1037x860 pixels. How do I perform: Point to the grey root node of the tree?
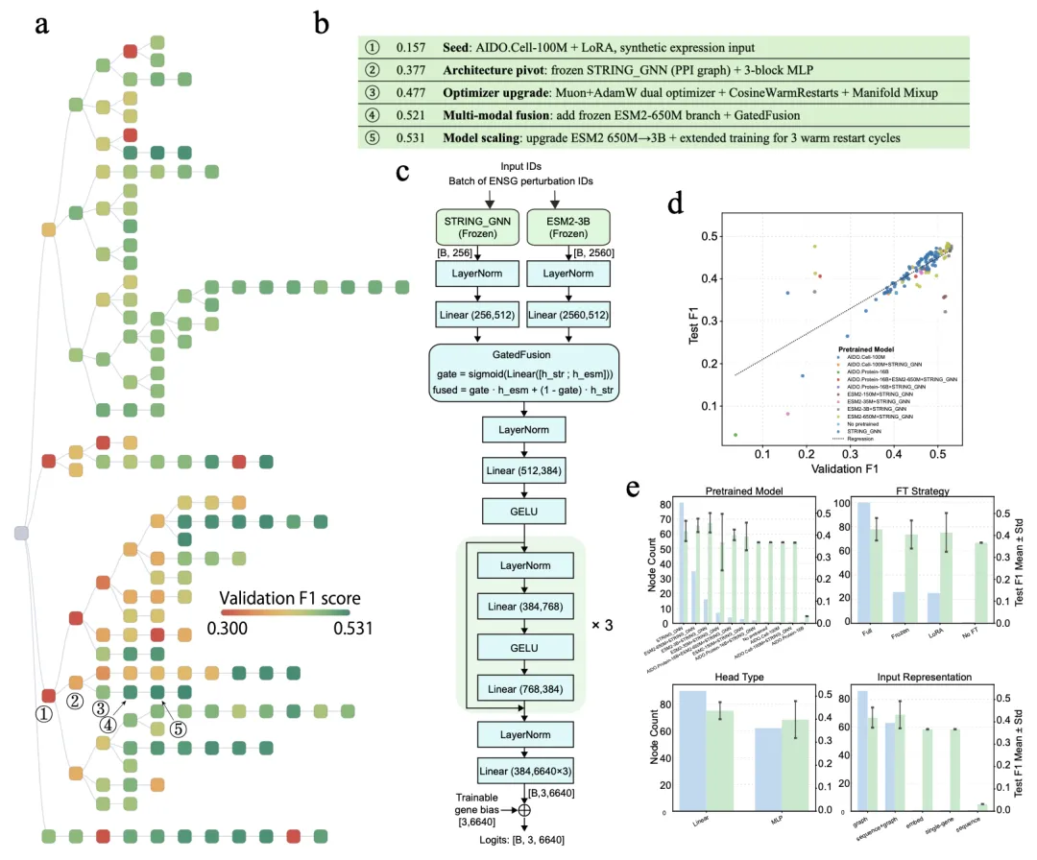click(21, 533)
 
